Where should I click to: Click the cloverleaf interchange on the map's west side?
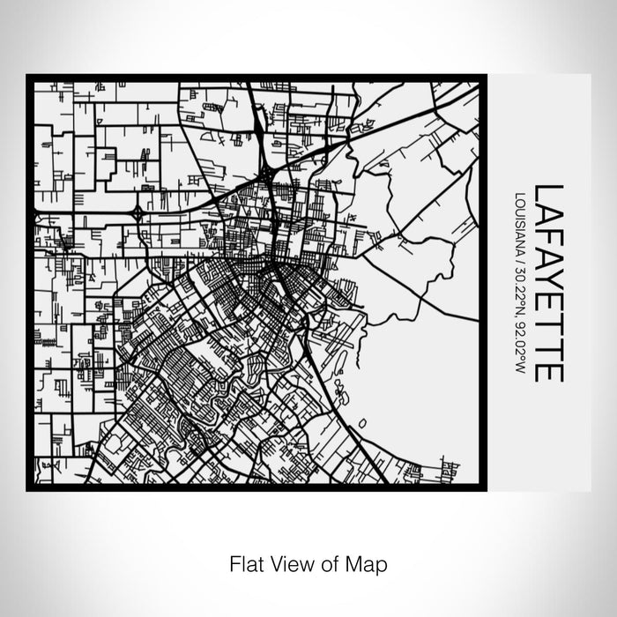138,212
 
